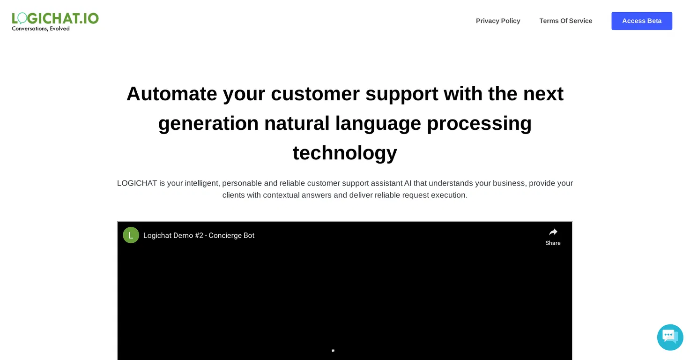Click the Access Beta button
click(x=642, y=21)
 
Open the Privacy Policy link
click(x=498, y=21)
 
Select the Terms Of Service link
click(x=565, y=21)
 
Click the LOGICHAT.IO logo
click(x=55, y=18)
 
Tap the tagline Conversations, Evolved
click(x=41, y=29)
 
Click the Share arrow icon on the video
click(x=553, y=232)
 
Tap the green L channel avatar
click(x=131, y=235)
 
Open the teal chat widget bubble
click(x=670, y=337)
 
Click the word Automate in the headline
click(x=171, y=94)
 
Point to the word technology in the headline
click(x=345, y=153)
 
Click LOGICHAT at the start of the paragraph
click(x=137, y=183)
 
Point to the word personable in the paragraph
click(x=242, y=184)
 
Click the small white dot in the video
click(x=333, y=351)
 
